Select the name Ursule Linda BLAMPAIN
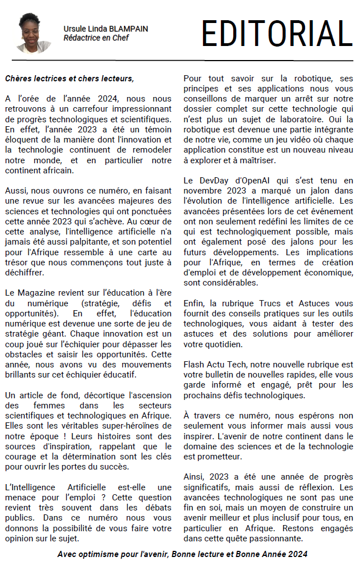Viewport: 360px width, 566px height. [x=106, y=29]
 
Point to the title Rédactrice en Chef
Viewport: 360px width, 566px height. [x=96, y=38]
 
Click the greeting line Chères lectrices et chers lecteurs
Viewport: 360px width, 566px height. [x=70, y=78]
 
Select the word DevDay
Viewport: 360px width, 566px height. [x=215, y=180]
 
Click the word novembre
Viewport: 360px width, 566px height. [x=203, y=191]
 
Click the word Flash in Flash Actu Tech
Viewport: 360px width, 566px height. [x=195, y=364]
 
